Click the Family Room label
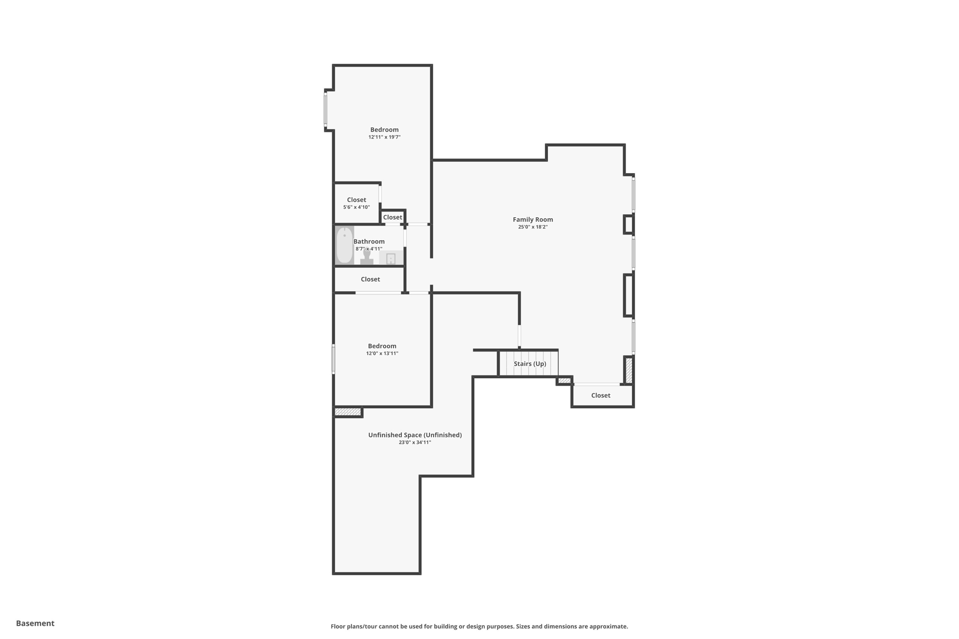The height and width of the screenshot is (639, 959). [532, 219]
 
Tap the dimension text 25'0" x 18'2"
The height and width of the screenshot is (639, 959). [532, 227]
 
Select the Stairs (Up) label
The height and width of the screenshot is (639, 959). [530, 364]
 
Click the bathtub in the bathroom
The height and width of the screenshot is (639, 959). [345, 245]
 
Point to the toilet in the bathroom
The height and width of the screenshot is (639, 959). [367, 257]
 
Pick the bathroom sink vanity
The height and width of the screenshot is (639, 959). [391, 258]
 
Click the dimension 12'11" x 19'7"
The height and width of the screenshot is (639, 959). [384, 137]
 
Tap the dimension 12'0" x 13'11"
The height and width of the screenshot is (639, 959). [382, 353]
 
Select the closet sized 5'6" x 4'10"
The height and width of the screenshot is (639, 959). [356, 203]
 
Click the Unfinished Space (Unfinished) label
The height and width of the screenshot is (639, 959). [414, 435]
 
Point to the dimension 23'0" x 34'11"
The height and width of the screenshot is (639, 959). [414, 442]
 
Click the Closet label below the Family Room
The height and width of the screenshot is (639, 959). [600, 396]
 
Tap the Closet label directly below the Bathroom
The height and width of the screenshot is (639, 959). [370, 279]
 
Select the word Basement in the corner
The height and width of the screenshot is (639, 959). [35, 623]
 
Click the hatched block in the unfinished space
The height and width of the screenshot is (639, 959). [348, 412]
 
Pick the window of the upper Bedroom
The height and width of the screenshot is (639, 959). [325, 110]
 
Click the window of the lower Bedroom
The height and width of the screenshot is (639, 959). [333, 359]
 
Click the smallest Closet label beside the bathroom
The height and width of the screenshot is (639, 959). [392, 217]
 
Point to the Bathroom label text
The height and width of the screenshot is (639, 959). [369, 242]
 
